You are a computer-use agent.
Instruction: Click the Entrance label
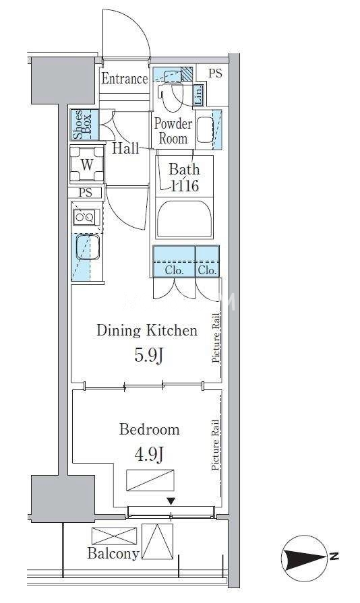125,79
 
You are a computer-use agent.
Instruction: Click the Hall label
125,148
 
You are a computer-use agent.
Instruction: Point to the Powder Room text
173,131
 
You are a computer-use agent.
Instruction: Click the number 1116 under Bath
185,186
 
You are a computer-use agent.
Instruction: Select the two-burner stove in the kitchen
86,218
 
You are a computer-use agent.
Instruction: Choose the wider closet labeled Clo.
174,261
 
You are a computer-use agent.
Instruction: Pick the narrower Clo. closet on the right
208,261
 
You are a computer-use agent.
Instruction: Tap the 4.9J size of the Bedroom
150,455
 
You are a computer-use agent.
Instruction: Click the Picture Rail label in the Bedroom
215,445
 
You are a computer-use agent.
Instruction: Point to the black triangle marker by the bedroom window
171,501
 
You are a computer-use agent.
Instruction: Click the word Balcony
113,553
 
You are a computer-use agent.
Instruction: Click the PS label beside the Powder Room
215,73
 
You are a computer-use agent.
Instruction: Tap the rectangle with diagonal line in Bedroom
150,480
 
